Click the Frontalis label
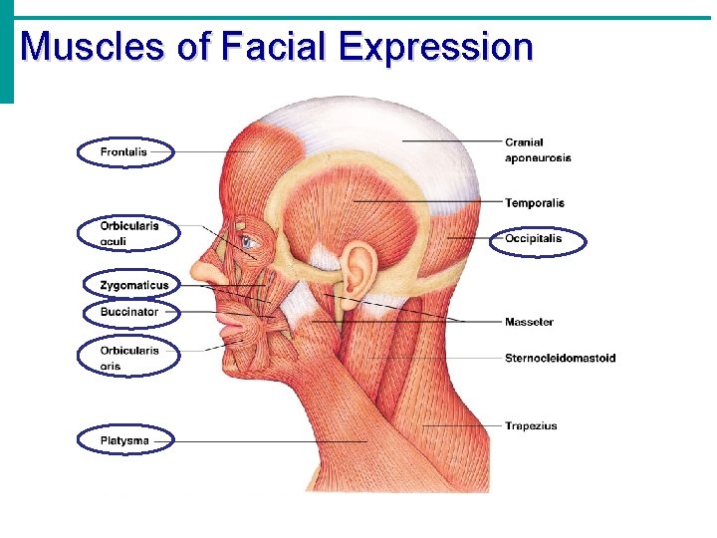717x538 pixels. pos(123,152)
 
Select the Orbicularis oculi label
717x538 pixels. pos(128,233)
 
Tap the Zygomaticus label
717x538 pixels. pos(133,286)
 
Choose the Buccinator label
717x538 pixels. pos(128,312)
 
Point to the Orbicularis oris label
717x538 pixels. pos(128,358)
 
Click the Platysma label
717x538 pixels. pos(124,440)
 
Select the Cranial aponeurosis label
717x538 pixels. pos(538,149)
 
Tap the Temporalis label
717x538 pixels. pos(534,203)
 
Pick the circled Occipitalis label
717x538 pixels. pos(534,239)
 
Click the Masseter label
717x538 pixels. pos(529,322)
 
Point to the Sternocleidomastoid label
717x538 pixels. pos(560,359)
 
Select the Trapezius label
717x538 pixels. pos(531,426)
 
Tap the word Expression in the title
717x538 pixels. pos(435,47)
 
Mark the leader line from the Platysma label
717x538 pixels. pos(269,440)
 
